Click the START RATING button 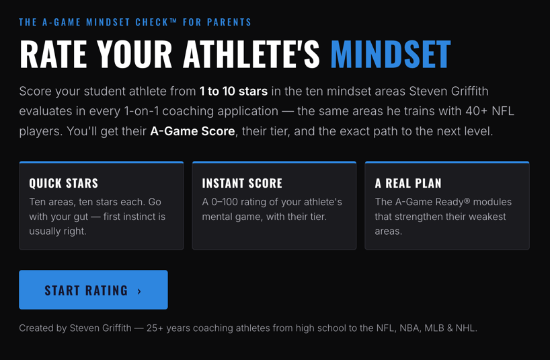point(93,289)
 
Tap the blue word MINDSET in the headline point(391,54)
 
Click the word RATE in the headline point(53,54)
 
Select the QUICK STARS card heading point(63,183)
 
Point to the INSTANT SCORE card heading point(242,183)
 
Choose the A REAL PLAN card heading point(408,183)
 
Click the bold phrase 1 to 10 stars point(233,92)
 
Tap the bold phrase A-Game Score point(192,131)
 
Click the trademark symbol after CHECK point(173,21)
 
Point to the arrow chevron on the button point(139,291)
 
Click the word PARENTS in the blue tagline point(229,22)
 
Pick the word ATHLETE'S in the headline point(251,54)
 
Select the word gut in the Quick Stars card point(81,217)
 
